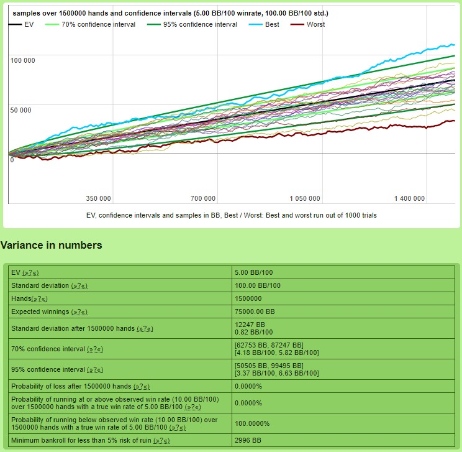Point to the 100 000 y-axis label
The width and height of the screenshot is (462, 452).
pos(23,60)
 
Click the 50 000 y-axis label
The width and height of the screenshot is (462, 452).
pos(20,111)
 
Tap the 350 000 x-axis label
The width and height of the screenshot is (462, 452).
pos(98,198)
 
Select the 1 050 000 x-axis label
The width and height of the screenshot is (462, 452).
pos(305,198)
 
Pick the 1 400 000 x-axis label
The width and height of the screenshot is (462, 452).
pos(409,198)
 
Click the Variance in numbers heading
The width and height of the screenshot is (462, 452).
pos(52,246)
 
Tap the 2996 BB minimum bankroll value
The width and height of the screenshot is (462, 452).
pos(248,440)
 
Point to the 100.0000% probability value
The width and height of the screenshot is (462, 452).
pos(252,423)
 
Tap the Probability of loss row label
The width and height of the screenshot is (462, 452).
pos(71,386)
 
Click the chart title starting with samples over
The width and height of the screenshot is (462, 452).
pos(170,13)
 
